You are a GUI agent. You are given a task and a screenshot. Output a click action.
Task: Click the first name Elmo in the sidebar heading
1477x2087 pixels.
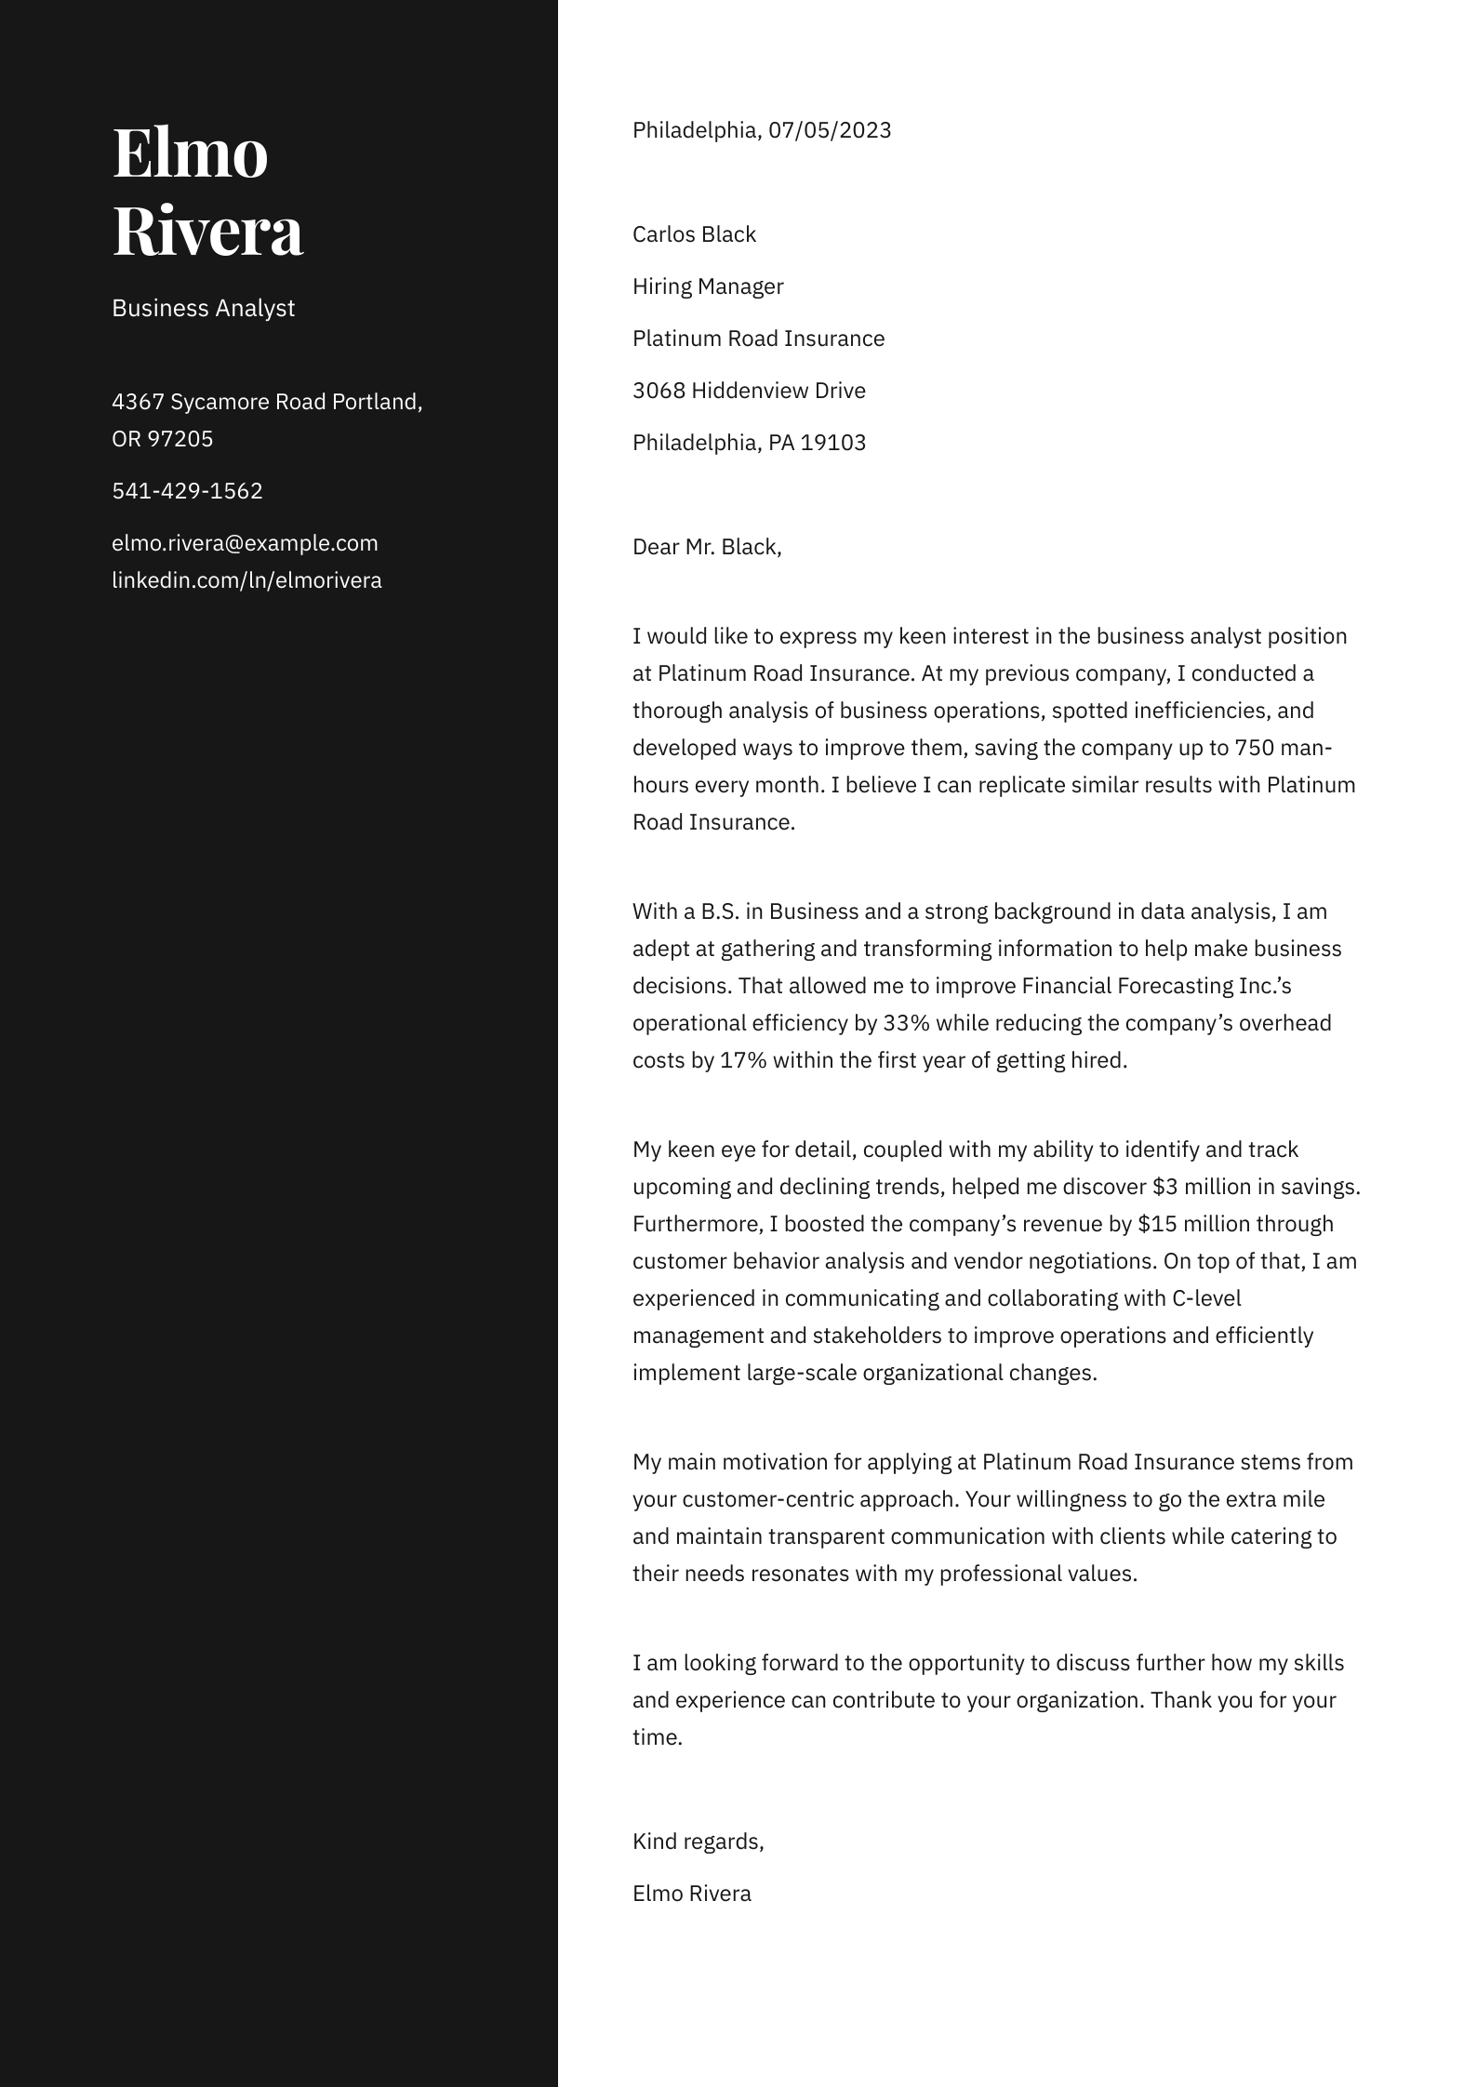[x=190, y=153]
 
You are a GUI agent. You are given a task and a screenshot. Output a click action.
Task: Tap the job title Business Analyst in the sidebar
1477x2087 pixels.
[x=203, y=308]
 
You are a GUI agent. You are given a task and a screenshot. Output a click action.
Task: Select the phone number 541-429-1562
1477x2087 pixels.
[x=187, y=491]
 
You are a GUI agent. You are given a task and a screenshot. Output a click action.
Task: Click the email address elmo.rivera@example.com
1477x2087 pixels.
[x=245, y=543]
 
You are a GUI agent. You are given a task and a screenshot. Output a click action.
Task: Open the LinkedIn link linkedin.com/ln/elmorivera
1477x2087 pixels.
[x=246, y=580]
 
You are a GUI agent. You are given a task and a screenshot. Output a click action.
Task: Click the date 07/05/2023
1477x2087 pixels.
[x=830, y=130]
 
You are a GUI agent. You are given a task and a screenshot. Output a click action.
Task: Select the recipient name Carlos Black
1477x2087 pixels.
[x=694, y=234]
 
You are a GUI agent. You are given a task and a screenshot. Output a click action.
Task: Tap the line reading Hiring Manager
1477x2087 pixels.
[x=708, y=286]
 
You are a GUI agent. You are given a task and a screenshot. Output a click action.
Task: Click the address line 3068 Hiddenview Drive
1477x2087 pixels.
[x=749, y=391]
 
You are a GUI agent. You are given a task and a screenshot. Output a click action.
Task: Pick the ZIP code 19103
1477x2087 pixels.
[x=833, y=443]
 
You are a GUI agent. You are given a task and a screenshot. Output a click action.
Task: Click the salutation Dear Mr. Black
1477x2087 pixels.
[x=707, y=547]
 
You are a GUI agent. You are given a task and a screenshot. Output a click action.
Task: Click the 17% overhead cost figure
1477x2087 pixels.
[x=743, y=1060]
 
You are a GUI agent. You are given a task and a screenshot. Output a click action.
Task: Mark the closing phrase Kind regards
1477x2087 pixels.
[x=698, y=1841]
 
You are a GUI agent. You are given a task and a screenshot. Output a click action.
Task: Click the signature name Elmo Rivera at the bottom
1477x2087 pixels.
[x=691, y=1894]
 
